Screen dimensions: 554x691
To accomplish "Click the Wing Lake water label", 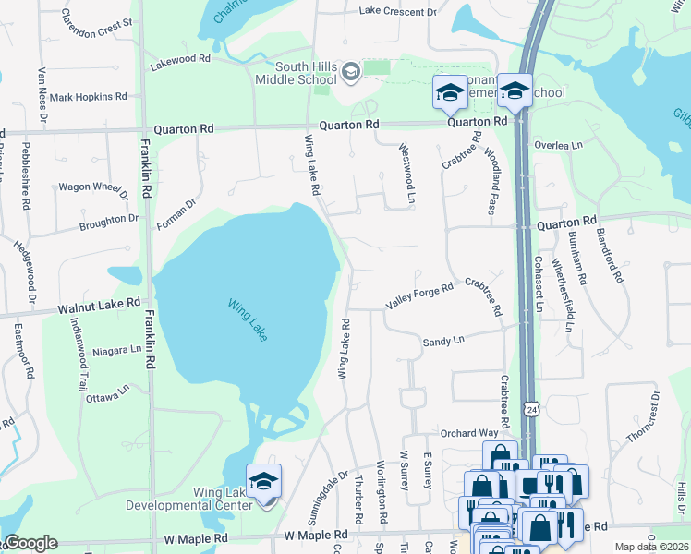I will [x=247, y=319].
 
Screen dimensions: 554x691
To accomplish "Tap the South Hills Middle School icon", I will [x=350, y=71].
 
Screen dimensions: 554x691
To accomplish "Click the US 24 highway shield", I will [x=531, y=408].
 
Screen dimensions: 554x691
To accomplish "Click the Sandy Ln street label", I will [x=442, y=342].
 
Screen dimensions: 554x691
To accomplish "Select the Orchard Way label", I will [x=469, y=432].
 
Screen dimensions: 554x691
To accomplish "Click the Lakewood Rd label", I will [x=181, y=58].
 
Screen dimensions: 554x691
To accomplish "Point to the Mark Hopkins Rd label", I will [x=89, y=97].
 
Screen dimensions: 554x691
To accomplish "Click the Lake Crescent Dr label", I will [x=397, y=12].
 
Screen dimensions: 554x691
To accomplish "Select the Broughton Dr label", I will [x=108, y=222].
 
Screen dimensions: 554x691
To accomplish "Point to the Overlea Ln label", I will [x=559, y=146].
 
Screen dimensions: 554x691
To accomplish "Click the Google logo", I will [x=30, y=543].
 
